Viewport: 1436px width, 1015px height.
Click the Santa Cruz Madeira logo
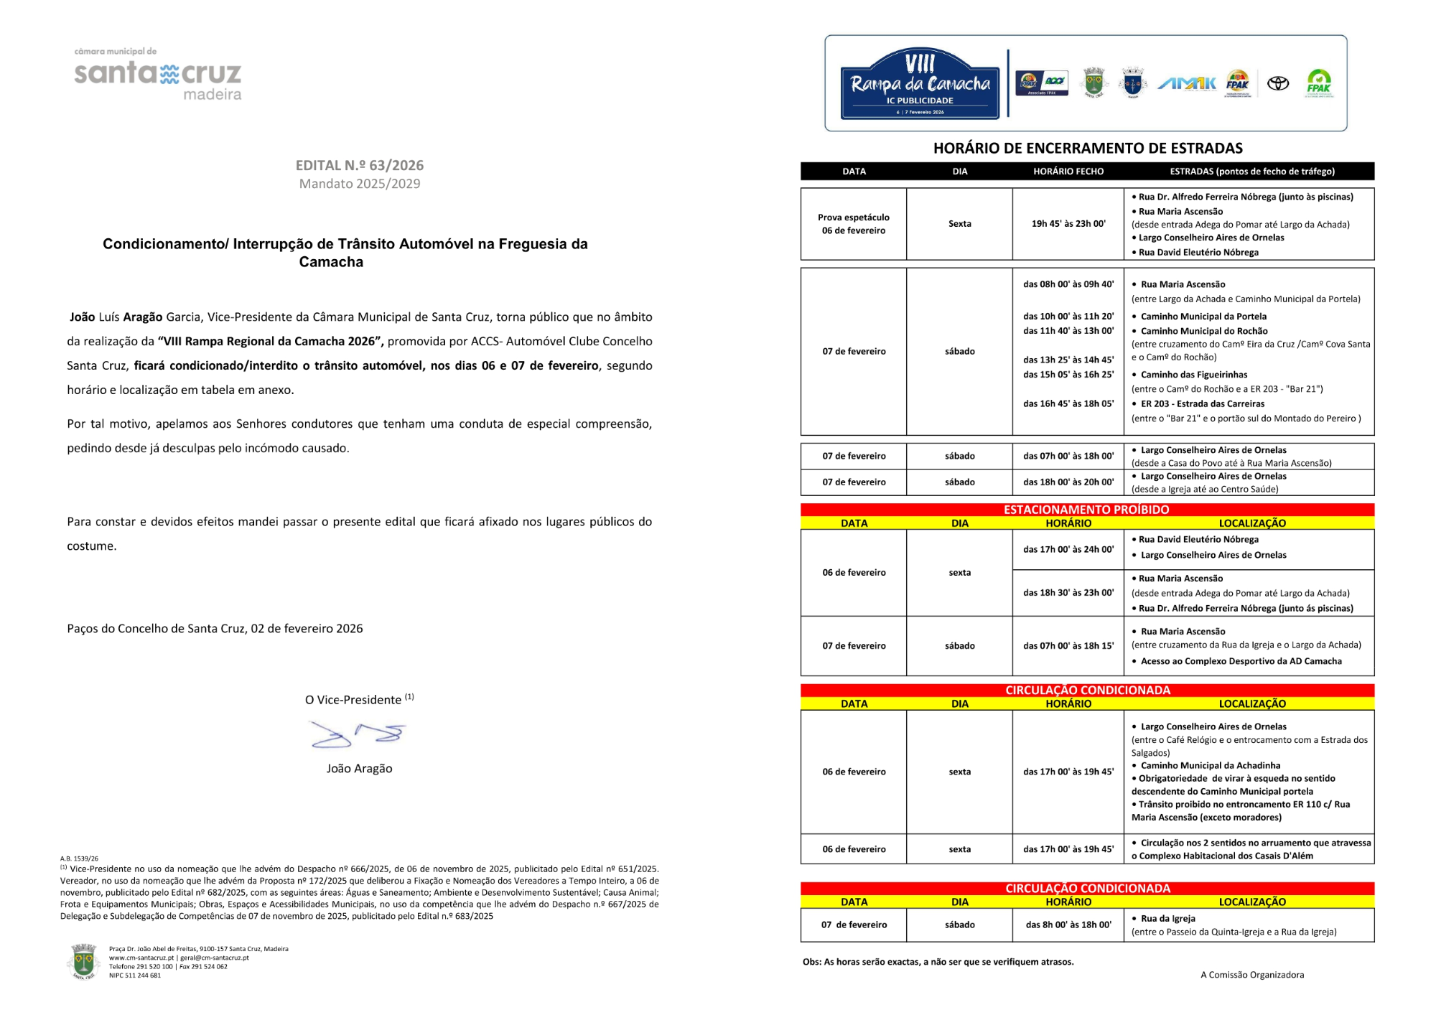pyautogui.click(x=157, y=75)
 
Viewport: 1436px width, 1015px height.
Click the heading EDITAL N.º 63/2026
pyautogui.click(x=359, y=165)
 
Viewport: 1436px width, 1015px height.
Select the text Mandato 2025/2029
pyautogui.click(x=359, y=184)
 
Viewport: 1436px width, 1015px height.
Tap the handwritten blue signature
pyautogui.click(x=358, y=734)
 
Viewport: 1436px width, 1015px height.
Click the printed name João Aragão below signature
pyautogui.click(x=359, y=768)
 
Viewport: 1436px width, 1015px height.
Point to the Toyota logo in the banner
pyautogui.click(x=1277, y=83)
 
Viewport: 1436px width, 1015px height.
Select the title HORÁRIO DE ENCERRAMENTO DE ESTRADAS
pyautogui.click(x=1087, y=149)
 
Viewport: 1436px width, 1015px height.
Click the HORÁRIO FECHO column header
pyautogui.click(x=1068, y=172)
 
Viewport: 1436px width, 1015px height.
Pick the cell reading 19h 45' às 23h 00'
pyautogui.click(x=1068, y=224)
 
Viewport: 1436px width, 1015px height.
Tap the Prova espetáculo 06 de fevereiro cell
pyautogui.click(x=854, y=224)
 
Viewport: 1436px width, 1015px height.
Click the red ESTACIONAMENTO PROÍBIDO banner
pyautogui.click(x=1086, y=510)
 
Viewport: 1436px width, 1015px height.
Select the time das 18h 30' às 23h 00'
pyautogui.click(x=1068, y=593)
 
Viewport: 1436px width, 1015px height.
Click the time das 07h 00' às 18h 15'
pyautogui.click(x=1068, y=646)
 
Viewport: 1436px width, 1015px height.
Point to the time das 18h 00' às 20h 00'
pyautogui.click(x=1068, y=482)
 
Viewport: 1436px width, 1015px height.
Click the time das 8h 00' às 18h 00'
pyautogui.click(x=1068, y=925)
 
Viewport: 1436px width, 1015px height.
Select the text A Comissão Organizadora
pyautogui.click(x=1251, y=975)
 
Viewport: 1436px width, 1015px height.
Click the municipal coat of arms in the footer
pyautogui.click(x=83, y=961)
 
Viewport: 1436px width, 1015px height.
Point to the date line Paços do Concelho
pyautogui.click(x=215, y=629)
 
